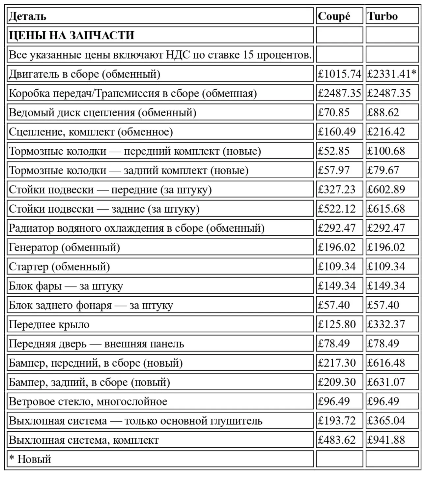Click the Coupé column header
coord(334,16)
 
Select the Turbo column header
coord(382,16)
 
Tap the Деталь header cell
coord(27,16)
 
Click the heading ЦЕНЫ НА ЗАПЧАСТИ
coord(71,35)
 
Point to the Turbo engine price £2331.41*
coord(392,74)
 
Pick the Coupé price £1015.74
coord(339,74)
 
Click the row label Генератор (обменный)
coord(64,247)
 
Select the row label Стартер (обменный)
coord(59,267)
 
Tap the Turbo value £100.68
coord(386,151)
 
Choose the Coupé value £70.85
coord(333,112)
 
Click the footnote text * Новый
coord(30,459)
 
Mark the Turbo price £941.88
coord(386,440)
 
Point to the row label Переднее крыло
coord(49,324)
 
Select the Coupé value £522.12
coord(336,209)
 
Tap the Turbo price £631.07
coord(386,382)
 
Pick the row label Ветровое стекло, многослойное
coord(88,402)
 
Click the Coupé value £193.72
coord(336,421)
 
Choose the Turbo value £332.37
coord(386,324)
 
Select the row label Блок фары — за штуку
coord(66,286)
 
